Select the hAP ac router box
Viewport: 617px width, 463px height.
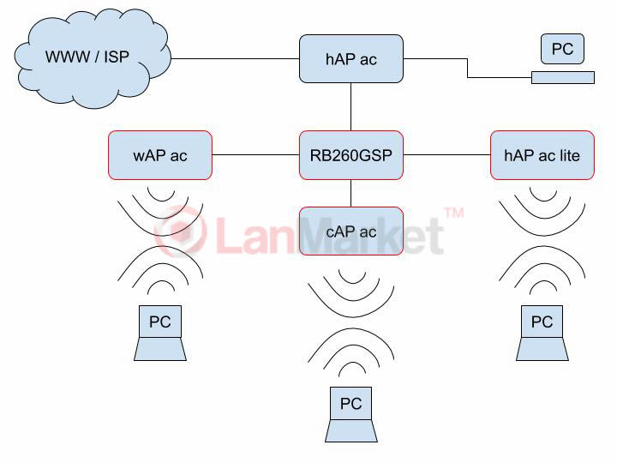pyautogui.click(x=350, y=59)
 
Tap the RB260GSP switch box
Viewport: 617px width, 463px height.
pyautogui.click(x=350, y=155)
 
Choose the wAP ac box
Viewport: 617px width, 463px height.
pyautogui.click(x=159, y=155)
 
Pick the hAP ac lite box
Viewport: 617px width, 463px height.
pyautogui.click(x=542, y=155)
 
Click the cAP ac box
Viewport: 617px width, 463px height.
pyautogui.click(x=350, y=231)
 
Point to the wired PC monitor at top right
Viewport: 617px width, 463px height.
pyautogui.click(x=562, y=49)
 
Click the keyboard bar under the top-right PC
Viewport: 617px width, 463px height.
pyautogui.click(x=562, y=78)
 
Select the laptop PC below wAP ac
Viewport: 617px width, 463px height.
pyautogui.click(x=160, y=334)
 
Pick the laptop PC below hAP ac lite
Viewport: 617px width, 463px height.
pyautogui.click(x=542, y=334)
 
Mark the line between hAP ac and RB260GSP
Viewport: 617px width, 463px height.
pyautogui.click(x=350, y=107)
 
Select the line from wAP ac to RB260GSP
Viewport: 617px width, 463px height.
pyautogui.click(x=255, y=155)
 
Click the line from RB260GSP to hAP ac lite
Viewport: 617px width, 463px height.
pyautogui.click(x=446, y=155)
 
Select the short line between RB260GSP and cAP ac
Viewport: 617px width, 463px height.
pyautogui.click(x=350, y=193)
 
